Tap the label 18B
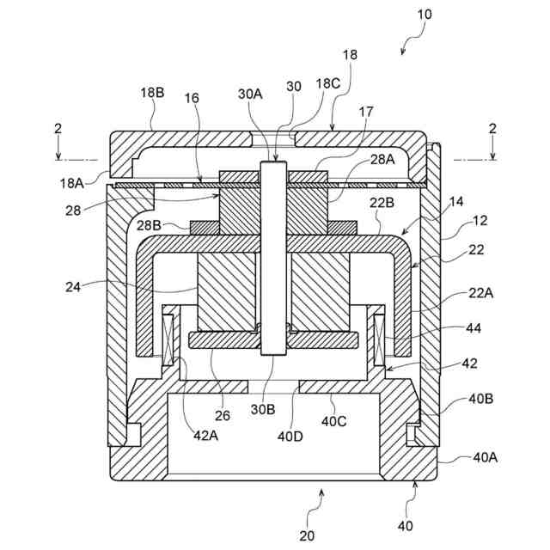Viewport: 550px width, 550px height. (x=153, y=93)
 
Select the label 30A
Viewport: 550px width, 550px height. (x=250, y=94)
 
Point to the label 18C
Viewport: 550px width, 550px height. (x=327, y=83)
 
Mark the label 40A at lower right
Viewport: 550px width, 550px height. (x=485, y=457)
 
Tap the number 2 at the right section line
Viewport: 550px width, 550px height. (x=492, y=128)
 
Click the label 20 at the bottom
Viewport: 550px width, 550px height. (x=307, y=535)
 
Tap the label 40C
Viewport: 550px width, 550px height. (x=334, y=422)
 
